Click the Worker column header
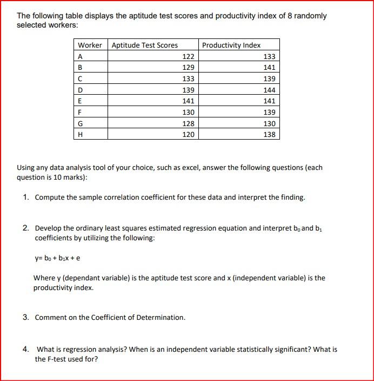(x=90, y=45)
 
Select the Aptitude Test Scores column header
(x=144, y=45)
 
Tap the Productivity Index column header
(x=231, y=45)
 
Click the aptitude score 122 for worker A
(x=188, y=57)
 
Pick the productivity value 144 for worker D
(x=269, y=90)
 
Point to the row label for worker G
(x=81, y=123)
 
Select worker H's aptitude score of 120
(x=188, y=134)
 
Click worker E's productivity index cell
(x=269, y=101)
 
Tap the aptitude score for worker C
(x=188, y=79)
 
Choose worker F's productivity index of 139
(x=269, y=112)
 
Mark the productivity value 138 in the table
(x=269, y=134)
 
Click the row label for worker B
(x=81, y=68)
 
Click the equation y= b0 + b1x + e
(x=57, y=258)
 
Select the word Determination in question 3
(x=163, y=318)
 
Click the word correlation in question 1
(x=118, y=198)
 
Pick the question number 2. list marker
(x=26, y=228)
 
